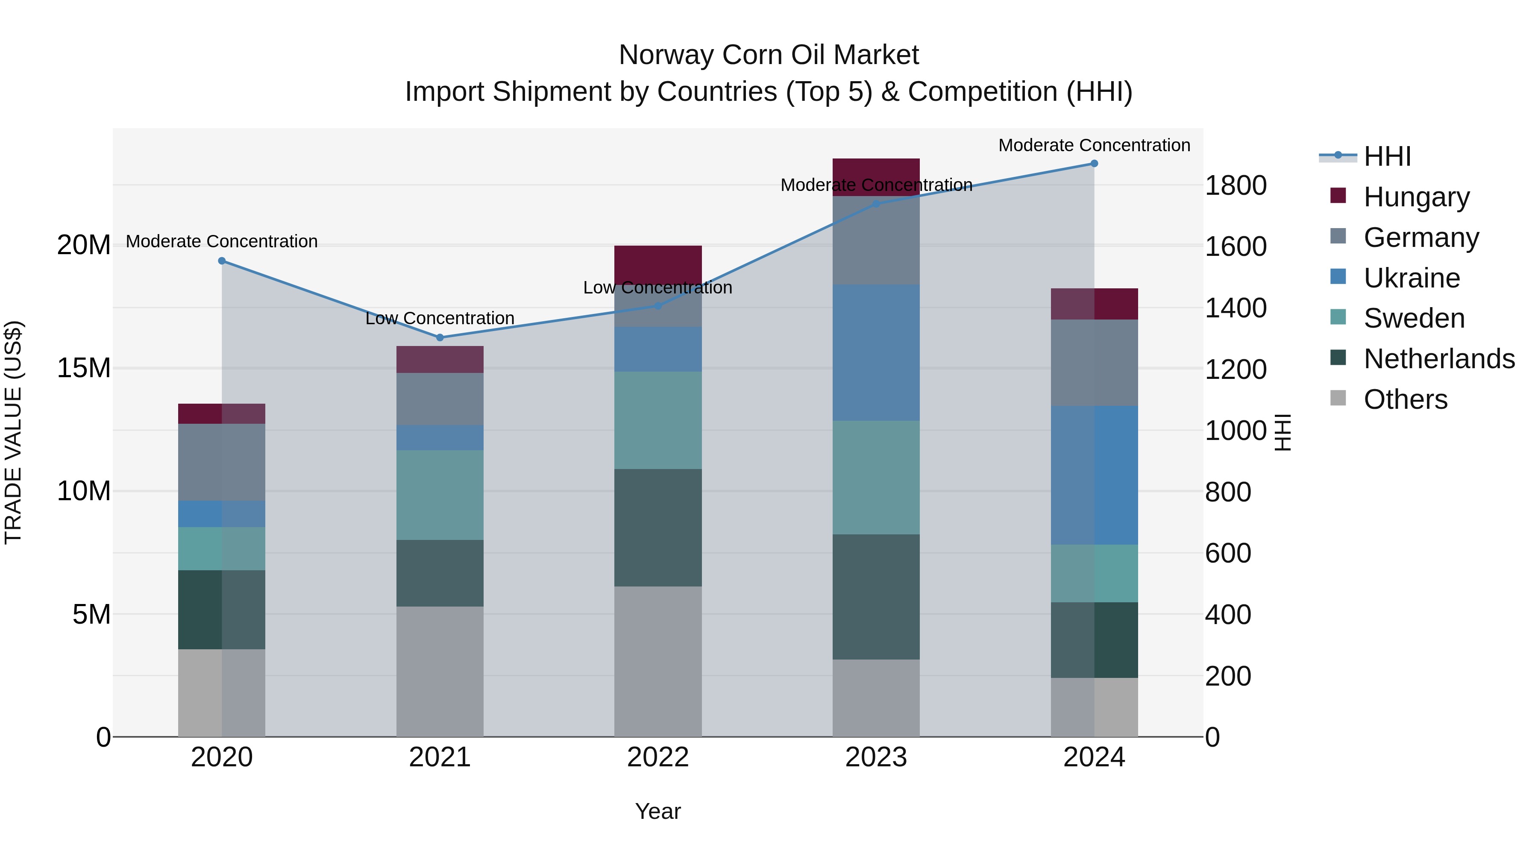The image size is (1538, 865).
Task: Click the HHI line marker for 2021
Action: point(440,337)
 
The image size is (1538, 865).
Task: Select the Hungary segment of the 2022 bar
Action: point(658,263)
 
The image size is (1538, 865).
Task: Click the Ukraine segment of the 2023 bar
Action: point(876,352)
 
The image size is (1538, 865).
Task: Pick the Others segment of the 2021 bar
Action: point(440,671)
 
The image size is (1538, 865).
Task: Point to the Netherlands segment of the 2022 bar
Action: point(658,527)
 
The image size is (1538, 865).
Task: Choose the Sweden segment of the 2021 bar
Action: point(440,495)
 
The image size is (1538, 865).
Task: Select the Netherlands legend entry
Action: point(1438,359)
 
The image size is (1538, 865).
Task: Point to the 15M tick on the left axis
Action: point(84,368)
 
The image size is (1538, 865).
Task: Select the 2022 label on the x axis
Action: point(658,757)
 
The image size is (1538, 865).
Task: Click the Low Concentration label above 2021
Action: point(440,318)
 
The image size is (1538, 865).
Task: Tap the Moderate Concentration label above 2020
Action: point(221,241)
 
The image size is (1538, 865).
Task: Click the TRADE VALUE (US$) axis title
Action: point(13,432)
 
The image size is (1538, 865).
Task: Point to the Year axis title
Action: point(658,811)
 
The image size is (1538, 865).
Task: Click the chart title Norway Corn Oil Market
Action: point(769,55)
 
